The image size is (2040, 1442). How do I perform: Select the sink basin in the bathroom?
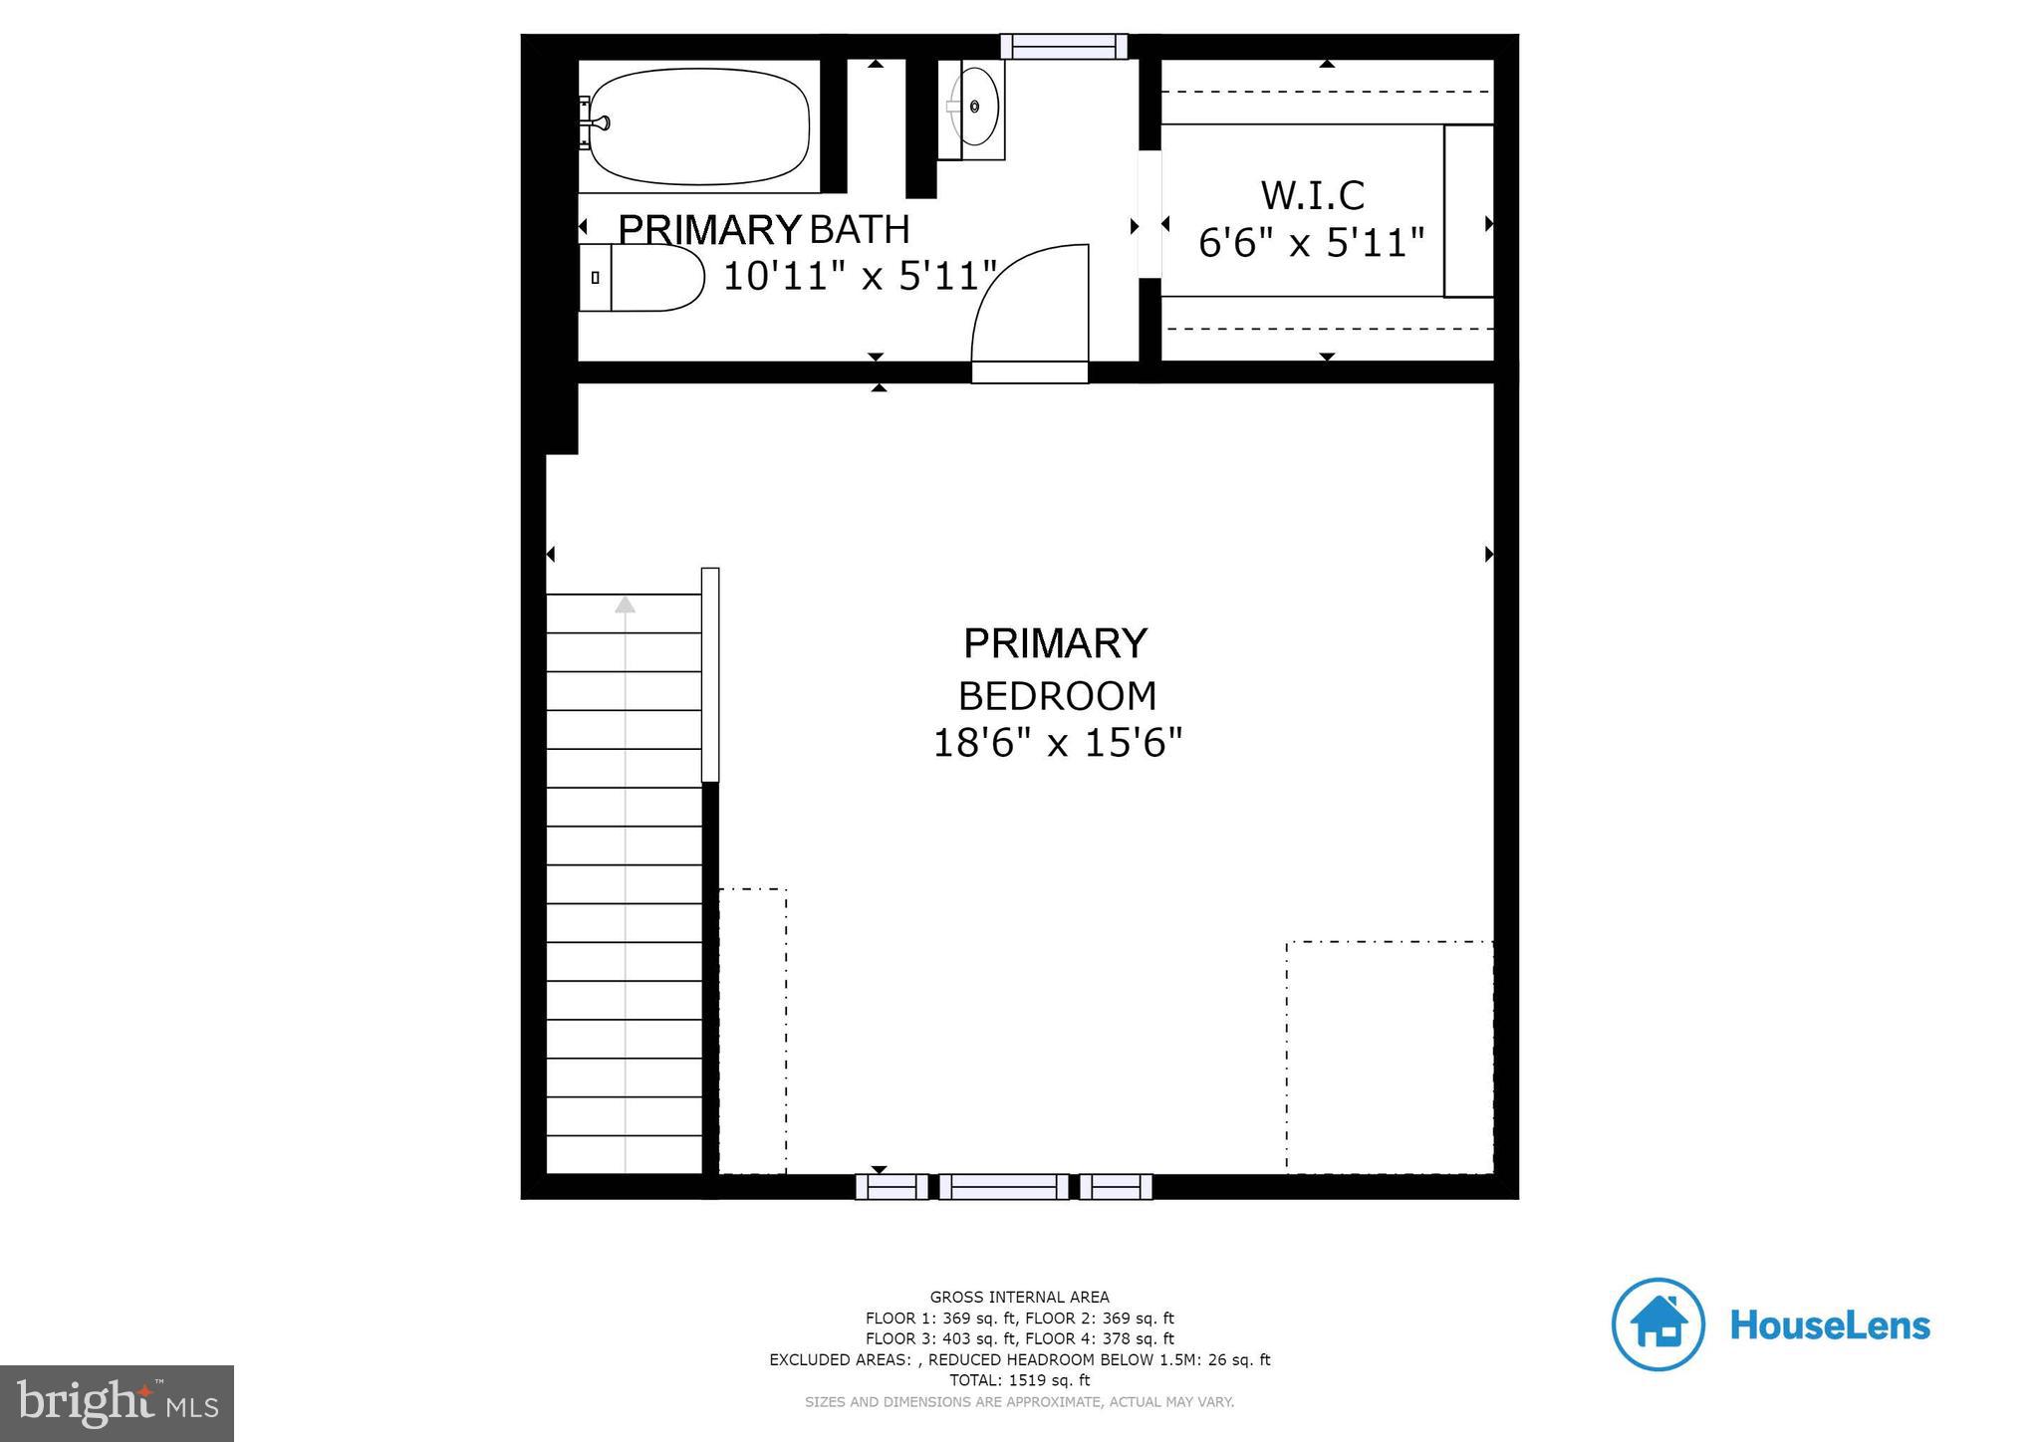pyautogui.click(x=975, y=106)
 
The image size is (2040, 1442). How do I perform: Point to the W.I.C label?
pyautogui.click(x=1312, y=195)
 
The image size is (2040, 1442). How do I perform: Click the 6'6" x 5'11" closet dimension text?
pyautogui.click(x=1312, y=243)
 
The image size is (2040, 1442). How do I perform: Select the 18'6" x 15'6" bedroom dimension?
pyautogui.click(x=1057, y=743)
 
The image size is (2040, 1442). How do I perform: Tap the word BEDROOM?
pyautogui.click(x=1057, y=696)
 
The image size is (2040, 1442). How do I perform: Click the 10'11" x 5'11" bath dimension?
pyautogui.click(x=860, y=276)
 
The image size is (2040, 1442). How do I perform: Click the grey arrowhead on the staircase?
pyautogui.click(x=625, y=604)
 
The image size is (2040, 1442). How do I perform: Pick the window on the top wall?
pyautogui.click(x=1064, y=47)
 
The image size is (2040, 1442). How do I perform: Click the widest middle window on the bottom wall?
pyautogui.click(x=1003, y=1186)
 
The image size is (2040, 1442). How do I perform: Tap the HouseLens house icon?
pyautogui.click(x=1657, y=1324)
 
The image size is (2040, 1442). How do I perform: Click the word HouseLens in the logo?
pyautogui.click(x=1830, y=1325)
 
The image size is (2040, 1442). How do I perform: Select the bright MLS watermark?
pyautogui.click(x=118, y=1403)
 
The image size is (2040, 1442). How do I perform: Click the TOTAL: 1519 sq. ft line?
pyautogui.click(x=1019, y=1380)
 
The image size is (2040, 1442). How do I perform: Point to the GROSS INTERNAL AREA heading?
pyautogui.click(x=1019, y=1297)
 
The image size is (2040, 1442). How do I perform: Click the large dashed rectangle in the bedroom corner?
pyautogui.click(x=1389, y=1057)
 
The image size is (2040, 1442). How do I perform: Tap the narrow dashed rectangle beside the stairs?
pyautogui.click(x=753, y=1031)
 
